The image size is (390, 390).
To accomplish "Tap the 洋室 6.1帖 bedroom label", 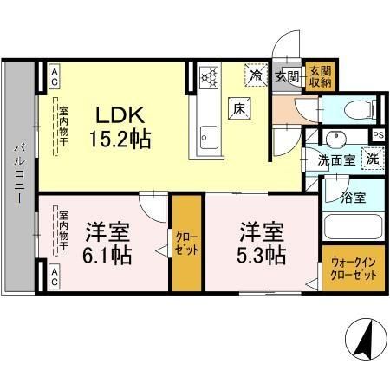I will click(107, 244).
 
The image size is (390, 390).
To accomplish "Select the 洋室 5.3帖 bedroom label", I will click(263, 244).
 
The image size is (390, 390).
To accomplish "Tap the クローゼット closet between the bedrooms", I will click(185, 244).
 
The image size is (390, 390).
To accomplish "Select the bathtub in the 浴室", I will click(353, 229).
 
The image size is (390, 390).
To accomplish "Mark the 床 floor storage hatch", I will click(239, 108).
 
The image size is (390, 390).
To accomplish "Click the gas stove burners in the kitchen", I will click(209, 78).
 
